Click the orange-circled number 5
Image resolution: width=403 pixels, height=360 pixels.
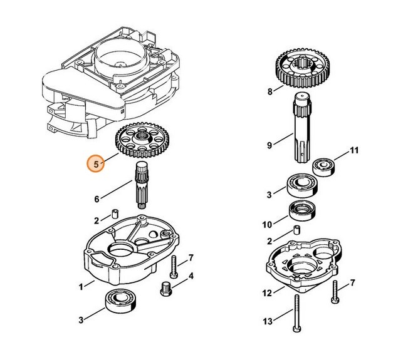96,165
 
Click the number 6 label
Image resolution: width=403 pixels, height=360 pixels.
97,200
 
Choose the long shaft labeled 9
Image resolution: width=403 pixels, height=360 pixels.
303,125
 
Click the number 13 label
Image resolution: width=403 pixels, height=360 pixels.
268,321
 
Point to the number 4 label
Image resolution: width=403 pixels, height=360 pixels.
191,276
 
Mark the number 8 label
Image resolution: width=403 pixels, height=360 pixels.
270,92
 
